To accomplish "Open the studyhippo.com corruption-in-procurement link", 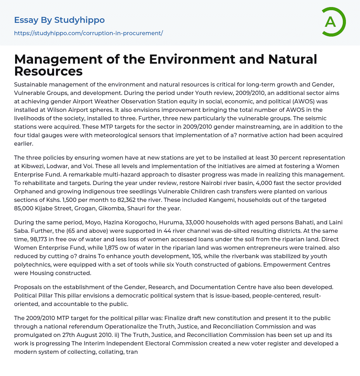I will point(88,33).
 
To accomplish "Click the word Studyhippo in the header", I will point(79,20).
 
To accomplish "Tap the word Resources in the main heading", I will point(49,71).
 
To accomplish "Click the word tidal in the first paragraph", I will point(40,135).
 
